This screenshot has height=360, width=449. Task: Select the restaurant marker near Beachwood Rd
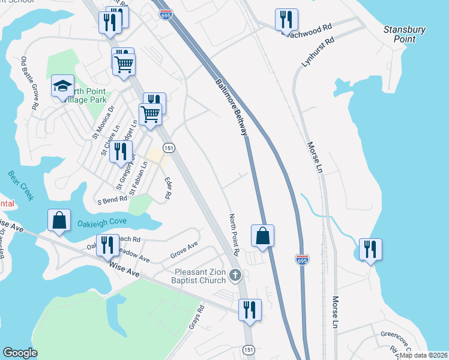click(286, 19)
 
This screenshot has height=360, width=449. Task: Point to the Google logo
click(20, 353)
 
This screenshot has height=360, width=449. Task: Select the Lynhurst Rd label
click(318, 53)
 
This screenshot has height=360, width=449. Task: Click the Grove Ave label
click(184, 248)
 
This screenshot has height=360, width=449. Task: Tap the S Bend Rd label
click(112, 199)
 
